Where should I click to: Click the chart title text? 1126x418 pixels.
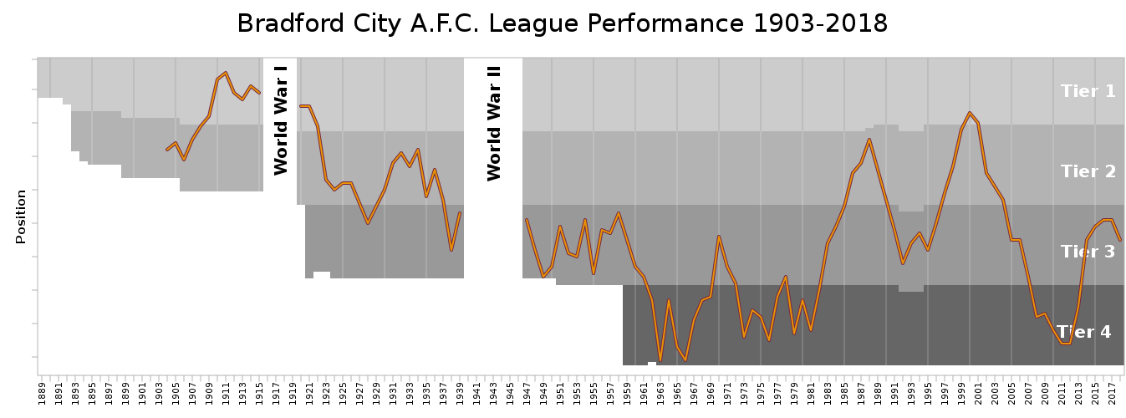pos(562,23)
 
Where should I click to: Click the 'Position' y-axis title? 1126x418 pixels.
pos(21,217)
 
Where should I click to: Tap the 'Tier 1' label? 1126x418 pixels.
pos(1088,91)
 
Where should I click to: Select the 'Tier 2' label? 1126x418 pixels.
pos(1088,171)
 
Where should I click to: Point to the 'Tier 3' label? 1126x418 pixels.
pos(1088,252)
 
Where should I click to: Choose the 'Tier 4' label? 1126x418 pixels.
pos(1083,332)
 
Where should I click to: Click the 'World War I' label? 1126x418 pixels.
pos(281,120)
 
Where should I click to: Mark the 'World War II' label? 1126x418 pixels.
pos(494,124)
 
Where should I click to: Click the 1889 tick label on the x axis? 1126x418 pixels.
pos(42,392)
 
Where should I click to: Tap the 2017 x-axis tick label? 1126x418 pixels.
pos(1112,392)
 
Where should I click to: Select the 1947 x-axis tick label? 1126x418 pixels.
pos(527,392)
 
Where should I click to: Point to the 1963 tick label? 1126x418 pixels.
pos(660,392)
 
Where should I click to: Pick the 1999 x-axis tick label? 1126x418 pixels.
pos(961,392)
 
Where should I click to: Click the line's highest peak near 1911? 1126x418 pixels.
pos(226,73)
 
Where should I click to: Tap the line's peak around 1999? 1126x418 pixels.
pos(970,112)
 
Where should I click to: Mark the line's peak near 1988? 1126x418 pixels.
pos(869,139)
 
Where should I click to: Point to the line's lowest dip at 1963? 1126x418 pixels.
pos(660,360)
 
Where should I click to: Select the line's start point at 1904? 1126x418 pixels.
pos(167,150)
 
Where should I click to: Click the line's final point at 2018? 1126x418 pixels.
pos(1120,240)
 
